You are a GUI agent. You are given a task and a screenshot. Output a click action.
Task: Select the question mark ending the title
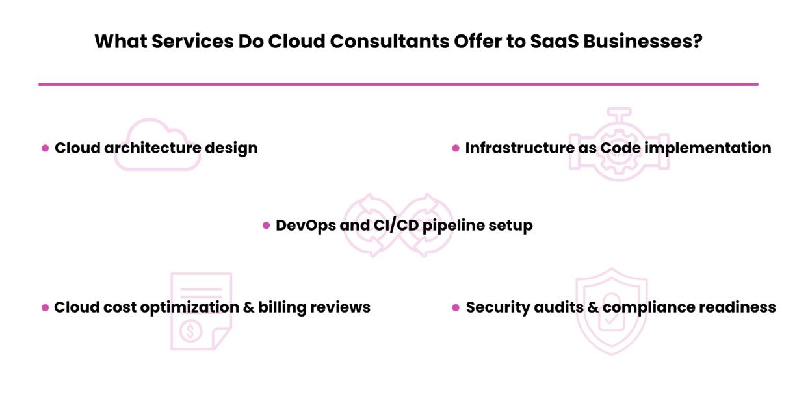point(697,41)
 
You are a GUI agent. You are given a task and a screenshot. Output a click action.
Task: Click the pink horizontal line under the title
point(398,84)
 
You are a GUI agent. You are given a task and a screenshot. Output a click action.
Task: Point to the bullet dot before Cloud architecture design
point(46,148)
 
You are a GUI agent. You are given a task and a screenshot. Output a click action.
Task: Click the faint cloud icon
point(158,145)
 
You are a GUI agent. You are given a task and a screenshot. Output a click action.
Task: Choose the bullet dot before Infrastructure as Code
point(456,148)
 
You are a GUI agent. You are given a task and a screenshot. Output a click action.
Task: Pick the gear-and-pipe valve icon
point(619,144)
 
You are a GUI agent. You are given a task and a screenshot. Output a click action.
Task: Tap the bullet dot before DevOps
point(266,226)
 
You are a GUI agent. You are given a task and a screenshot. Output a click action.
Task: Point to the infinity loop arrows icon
point(398,224)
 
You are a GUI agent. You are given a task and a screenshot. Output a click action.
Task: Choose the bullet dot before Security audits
point(456,307)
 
